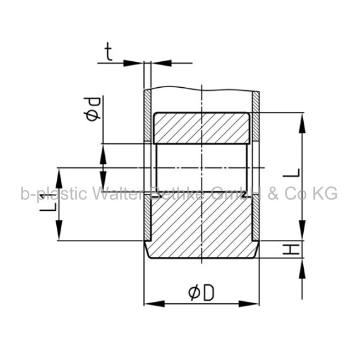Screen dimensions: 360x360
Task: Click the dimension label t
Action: [109, 52]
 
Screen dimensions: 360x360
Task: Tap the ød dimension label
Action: [93, 109]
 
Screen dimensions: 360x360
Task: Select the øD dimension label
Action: [201, 293]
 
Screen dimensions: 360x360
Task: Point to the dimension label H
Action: [291, 249]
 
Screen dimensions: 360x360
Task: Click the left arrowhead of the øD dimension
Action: [155, 304]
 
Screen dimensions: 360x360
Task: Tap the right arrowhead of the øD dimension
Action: [249, 304]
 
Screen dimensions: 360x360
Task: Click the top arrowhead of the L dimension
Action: [302, 123]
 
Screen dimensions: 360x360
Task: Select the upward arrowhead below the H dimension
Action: [302, 268]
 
